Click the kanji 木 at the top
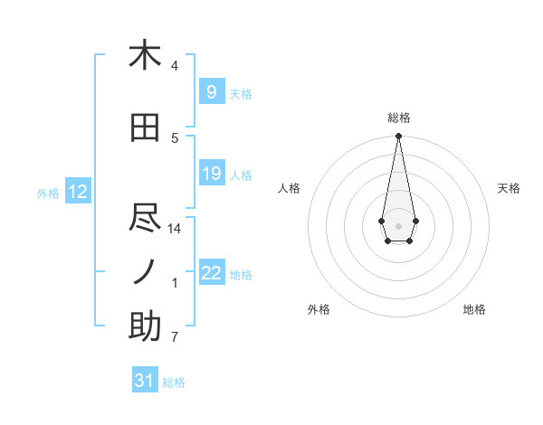tap(145, 55)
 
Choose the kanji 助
tap(145, 326)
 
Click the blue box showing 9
tap(211, 92)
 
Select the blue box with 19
tap(211, 174)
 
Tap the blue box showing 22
tap(211, 273)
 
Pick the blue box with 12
tap(77, 192)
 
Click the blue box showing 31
tap(145, 381)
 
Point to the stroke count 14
tap(175, 229)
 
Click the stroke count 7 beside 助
tap(175, 338)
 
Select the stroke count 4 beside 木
tap(175, 66)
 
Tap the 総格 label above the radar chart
tap(398, 118)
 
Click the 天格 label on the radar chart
tap(509, 188)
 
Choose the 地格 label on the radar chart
tap(474, 310)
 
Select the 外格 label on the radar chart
tap(319, 310)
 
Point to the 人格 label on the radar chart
tap(290, 188)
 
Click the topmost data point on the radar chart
tap(398, 137)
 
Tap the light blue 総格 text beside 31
tap(174, 382)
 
